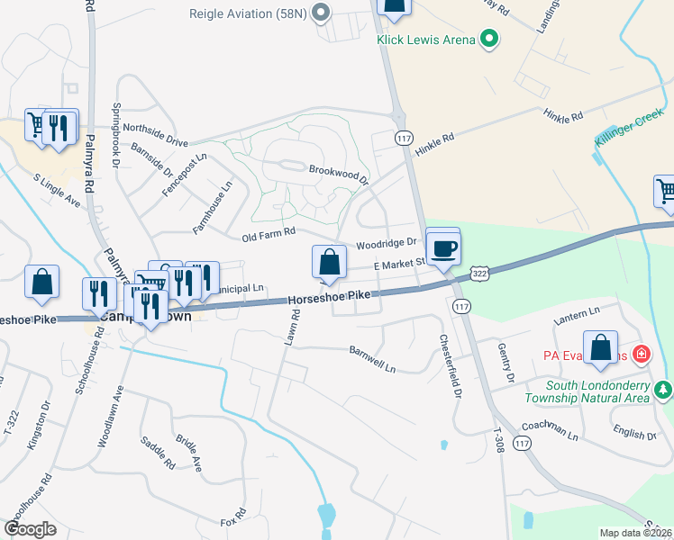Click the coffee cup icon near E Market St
442,248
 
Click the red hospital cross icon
641,354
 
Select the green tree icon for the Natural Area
664,389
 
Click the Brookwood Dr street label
339,174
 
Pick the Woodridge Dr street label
387,243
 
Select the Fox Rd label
233,522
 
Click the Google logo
30,529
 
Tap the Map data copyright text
636,533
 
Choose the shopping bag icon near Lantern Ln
600,350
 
